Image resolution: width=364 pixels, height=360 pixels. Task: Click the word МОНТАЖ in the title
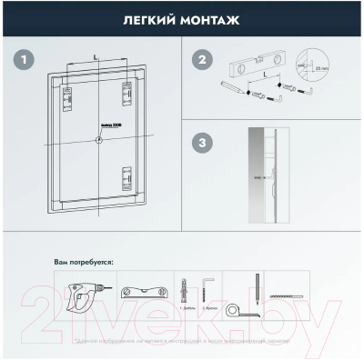click(212, 17)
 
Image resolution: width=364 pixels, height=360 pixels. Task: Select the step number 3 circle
click(201, 144)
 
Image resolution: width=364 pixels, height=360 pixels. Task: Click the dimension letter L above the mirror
click(96, 57)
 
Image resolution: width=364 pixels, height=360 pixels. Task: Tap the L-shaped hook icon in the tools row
click(208, 285)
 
